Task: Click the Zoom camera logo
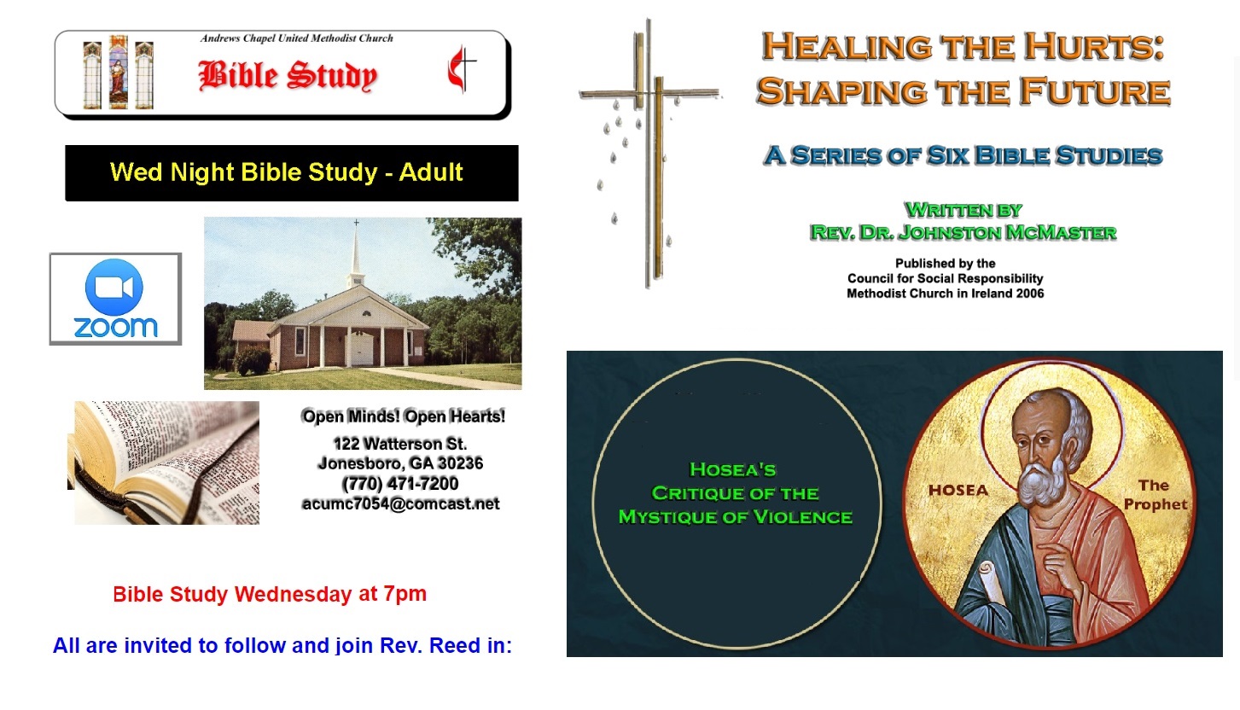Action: [x=114, y=288]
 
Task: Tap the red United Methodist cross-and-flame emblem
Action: [x=461, y=72]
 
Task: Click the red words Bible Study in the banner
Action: [x=288, y=76]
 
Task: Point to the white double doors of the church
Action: [x=361, y=347]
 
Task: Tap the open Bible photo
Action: [x=166, y=463]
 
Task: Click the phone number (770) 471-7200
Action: [x=400, y=484]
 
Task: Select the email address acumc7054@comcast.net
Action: [x=400, y=503]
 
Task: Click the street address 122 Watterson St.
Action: [x=400, y=444]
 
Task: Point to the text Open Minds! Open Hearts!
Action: [x=403, y=416]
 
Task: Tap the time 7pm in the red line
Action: [x=405, y=594]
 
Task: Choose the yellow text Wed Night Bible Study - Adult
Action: [x=287, y=172]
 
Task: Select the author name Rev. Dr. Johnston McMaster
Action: [x=963, y=232]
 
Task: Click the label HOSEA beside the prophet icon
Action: [x=958, y=490]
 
